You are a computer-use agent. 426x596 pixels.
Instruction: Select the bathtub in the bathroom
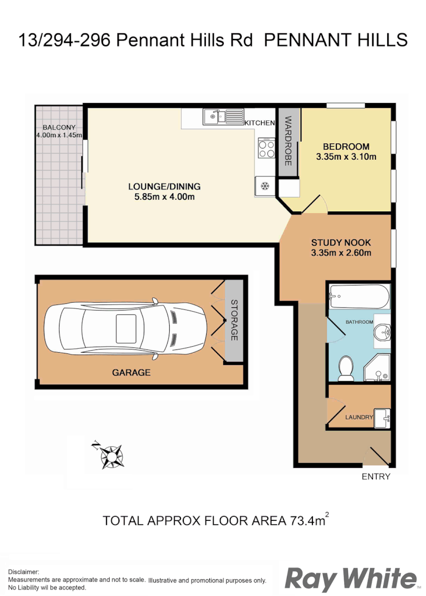coord(359,297)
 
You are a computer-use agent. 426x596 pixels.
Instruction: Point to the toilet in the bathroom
coord(346,369)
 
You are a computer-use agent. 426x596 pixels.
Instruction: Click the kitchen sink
coord(222,116)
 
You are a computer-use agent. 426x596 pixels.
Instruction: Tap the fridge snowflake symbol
coord(266,185)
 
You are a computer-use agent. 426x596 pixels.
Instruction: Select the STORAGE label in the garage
coord(234,320)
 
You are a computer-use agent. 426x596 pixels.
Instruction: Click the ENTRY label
coord(376,476)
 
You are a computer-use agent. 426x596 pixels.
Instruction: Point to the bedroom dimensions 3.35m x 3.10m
coord(346,157)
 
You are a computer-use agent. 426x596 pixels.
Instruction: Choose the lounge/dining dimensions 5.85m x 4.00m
coord(164,196)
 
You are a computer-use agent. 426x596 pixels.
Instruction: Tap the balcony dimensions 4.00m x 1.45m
coord(59,135)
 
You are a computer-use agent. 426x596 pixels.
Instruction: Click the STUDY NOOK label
coord(341,243)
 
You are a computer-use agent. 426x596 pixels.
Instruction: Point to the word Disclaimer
coord(23,572)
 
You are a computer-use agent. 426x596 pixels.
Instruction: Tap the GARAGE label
coord(131,372)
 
